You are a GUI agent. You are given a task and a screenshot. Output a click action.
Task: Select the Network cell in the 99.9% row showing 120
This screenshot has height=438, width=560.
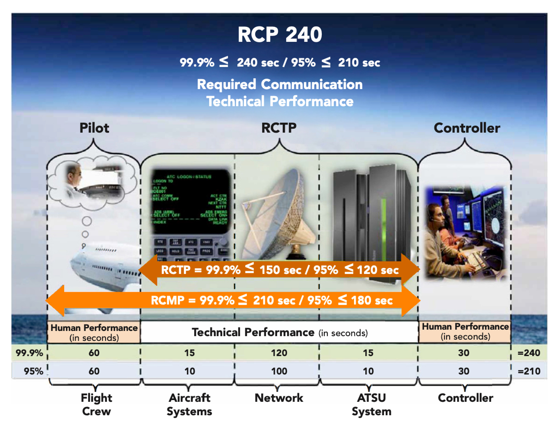click(x=279, y=353)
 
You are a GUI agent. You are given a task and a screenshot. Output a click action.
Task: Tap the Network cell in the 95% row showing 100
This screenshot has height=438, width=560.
click(x=279, y=371)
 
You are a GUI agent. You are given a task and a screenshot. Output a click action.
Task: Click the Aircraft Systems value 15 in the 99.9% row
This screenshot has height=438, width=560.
click(x=189, y=353)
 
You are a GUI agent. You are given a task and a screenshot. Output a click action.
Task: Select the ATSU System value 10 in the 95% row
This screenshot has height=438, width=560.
click(x=368, y=371)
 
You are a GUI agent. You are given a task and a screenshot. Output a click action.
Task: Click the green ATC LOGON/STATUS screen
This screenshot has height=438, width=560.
click(x=190, y=200)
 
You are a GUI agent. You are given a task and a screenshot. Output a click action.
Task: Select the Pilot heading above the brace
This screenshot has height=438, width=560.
click(x=94, y=128)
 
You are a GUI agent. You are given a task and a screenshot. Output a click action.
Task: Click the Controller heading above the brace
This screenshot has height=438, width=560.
click(x=467, y=128)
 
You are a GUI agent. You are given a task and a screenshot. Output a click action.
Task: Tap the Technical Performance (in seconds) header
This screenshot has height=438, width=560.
click(x=280, y=332)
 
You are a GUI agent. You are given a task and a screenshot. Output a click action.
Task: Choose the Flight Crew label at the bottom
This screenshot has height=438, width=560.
click(x=96, y=404)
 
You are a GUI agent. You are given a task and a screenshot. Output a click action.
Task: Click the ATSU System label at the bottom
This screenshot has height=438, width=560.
click(x=371, y=404)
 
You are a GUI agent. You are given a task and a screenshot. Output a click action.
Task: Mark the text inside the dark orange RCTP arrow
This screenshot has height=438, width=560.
click(x=280, y=270)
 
